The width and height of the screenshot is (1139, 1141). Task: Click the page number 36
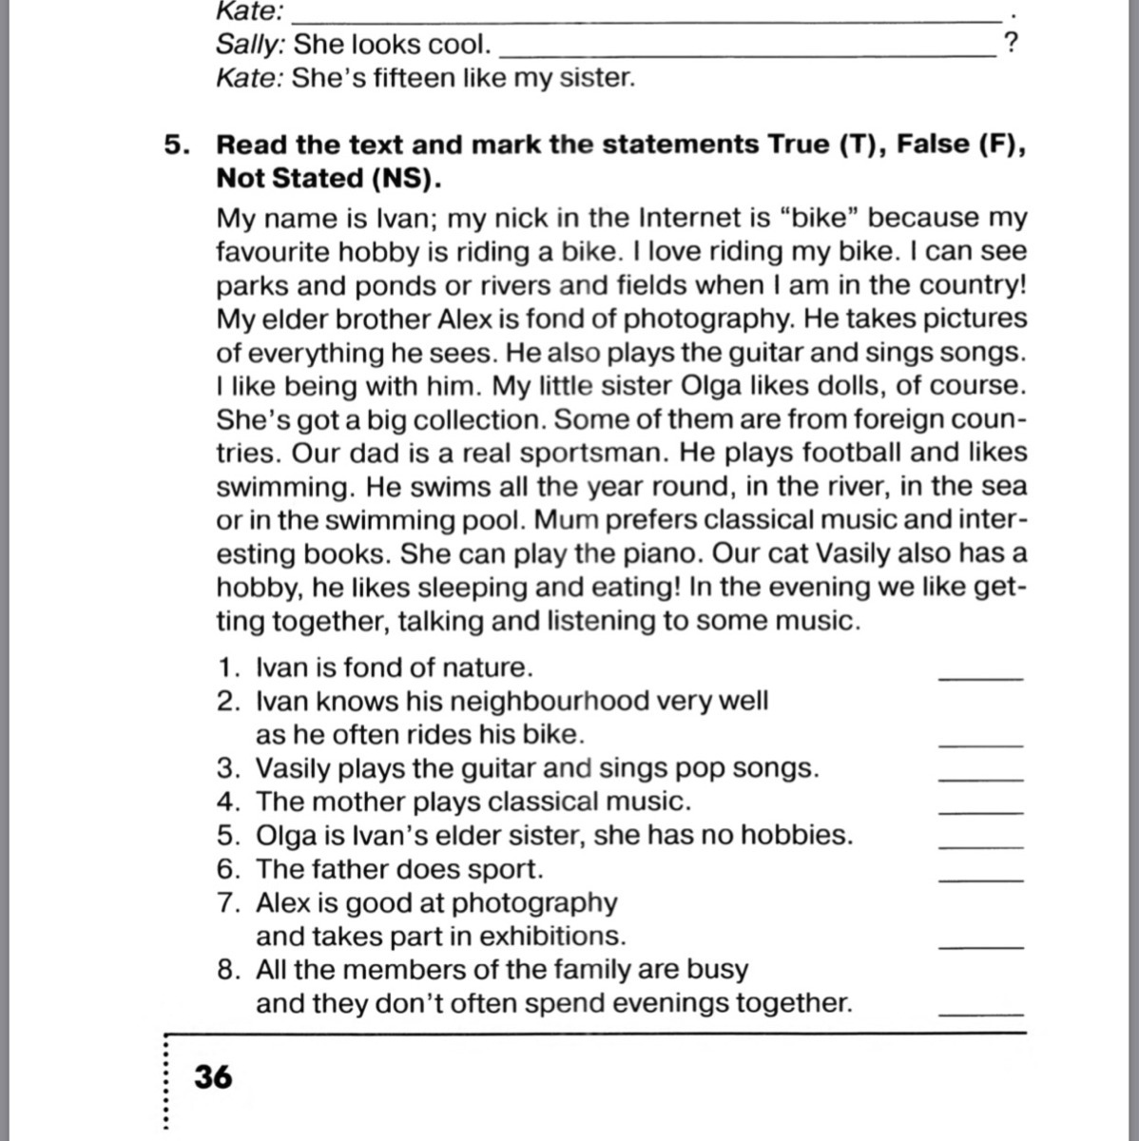[x=213, y=1077]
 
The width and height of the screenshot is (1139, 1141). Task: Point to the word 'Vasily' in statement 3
[x=292, y=768]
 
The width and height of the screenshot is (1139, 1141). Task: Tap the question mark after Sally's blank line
[x=1011, y=44]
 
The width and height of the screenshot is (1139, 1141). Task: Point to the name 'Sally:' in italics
[x=250, y=44]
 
